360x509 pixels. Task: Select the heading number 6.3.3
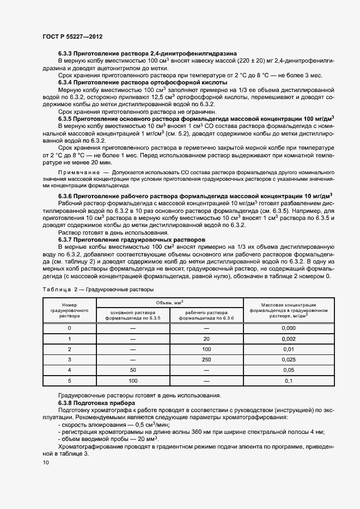click(65, 54)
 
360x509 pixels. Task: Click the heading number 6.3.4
click(65, 82)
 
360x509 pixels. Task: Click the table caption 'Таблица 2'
click(57, 289)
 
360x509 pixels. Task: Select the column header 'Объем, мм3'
click(169, 302)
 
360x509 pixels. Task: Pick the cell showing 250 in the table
click(206, 359)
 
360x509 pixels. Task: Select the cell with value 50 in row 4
click(133, 370)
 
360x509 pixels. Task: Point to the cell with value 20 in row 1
click(206, 339)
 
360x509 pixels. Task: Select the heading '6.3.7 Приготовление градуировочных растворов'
click(131, 239)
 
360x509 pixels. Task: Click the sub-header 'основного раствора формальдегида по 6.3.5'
click(133, 315)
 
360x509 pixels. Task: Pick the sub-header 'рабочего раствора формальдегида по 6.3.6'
click(206, 315)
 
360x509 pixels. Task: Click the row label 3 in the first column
click(69, 359)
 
